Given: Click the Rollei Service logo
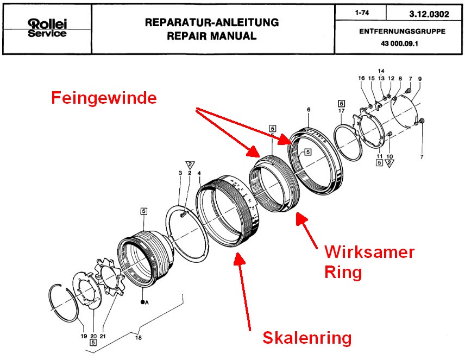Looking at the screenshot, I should click(x=47, y=28).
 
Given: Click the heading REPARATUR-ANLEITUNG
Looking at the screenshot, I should click(x=212, y=23).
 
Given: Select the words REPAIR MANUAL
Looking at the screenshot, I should click(x=212, y=36).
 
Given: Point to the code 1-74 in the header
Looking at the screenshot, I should click(x=360, y=12).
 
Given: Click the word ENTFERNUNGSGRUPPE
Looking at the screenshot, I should click(x=402, y=31).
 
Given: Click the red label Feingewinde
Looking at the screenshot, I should click(x=104, y=98).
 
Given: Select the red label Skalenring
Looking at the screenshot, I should click(x=307, y=338).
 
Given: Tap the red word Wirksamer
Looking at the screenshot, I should click(x=369, y=252).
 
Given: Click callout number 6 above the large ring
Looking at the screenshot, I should click(x=308, y=110).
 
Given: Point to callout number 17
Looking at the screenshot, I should click(x=341, y=111).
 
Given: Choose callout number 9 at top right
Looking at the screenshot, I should click(x=419, y=79).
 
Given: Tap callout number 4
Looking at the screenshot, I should click(x=199, y=173).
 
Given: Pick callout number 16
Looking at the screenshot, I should click(x=362, y=79).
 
